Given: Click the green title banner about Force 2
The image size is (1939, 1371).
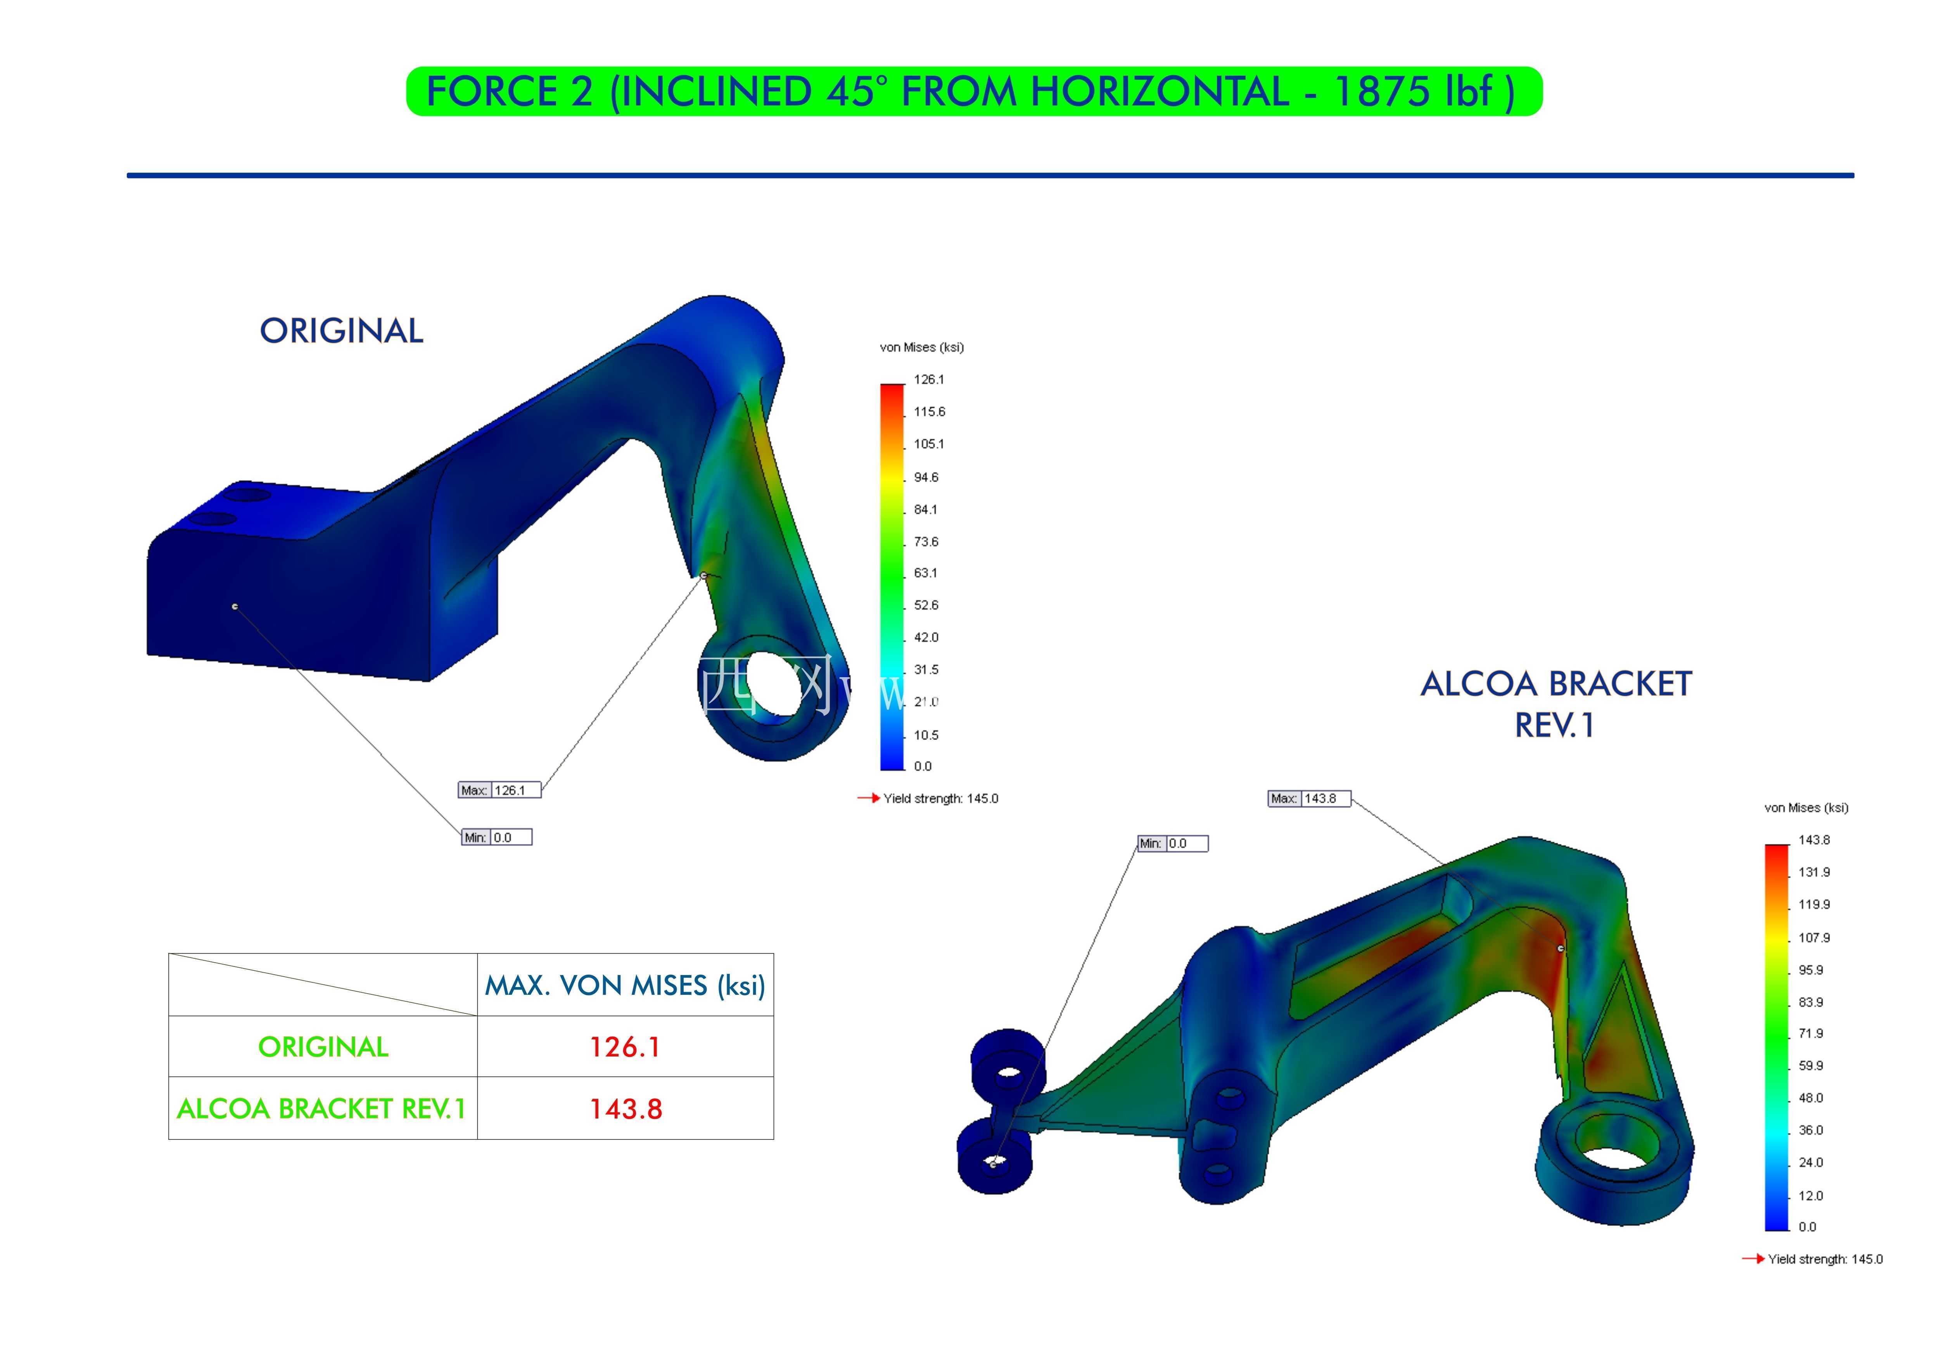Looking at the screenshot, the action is (974, 91).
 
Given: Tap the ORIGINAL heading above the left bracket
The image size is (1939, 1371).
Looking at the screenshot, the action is (341, 331).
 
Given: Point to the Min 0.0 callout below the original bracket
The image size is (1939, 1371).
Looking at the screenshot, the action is (496, 837).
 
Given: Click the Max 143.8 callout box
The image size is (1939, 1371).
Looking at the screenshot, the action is (1309, 798).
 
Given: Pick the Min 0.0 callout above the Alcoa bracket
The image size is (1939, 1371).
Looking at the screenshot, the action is (1173, 843).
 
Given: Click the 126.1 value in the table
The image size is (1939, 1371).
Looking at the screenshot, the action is (625, 1047).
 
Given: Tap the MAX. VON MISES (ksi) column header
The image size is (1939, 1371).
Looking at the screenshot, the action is (625, 985).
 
